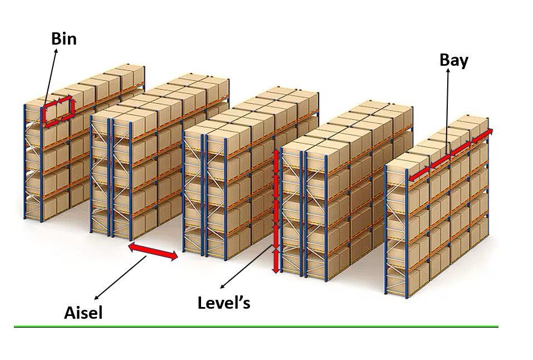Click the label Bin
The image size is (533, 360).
point(64,38)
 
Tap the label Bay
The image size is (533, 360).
point(454,61)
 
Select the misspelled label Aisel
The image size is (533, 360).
point(84,313)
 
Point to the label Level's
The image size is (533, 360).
point(224,302)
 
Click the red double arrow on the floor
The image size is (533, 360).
point(153,251)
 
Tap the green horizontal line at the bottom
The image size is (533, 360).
point(256,327)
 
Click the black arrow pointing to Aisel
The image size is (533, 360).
point(121,278)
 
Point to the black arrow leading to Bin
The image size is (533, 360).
point(50,77)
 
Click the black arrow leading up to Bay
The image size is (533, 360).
point(447,111)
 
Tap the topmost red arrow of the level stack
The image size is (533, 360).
point(276,162)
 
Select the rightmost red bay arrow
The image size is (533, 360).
point(482,135)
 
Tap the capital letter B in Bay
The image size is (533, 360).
point(444,60)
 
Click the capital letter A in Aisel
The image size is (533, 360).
point(70,313)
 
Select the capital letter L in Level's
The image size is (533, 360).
point(202,302)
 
